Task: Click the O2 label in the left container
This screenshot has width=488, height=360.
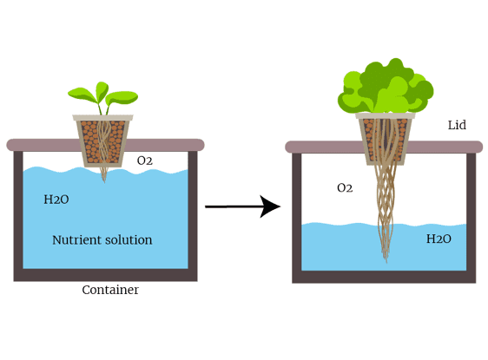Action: tap(145, 160)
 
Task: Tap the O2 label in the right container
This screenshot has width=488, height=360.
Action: tap(345, 187)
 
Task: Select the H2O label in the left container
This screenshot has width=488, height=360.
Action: tap(56, 200)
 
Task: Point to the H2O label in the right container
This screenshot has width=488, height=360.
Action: tap(439, 239)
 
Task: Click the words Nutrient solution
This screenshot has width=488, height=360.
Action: tap(102, 240)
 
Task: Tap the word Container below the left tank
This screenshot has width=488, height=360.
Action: tap(110, 290)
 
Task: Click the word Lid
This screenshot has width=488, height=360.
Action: tap(457, 125)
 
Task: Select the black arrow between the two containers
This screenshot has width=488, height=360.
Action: tap(243, 206)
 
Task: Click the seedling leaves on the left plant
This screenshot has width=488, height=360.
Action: tap(103, 95)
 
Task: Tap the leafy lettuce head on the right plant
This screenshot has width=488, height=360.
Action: tap(386, 86)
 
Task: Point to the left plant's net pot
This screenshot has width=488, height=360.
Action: tap(102, 141)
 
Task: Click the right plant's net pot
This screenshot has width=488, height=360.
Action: tap(386, 139)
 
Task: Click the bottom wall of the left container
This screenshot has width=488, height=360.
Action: tap(105, 275)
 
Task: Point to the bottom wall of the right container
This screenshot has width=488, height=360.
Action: tap(384, 277)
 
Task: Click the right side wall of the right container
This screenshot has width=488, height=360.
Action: tap(472, 218)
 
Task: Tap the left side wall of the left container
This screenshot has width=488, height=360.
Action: tap(18, 216)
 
